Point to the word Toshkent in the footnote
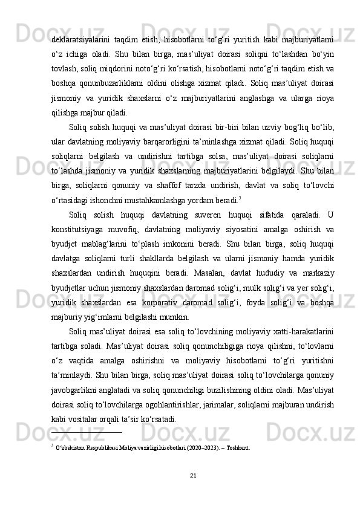238,450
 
